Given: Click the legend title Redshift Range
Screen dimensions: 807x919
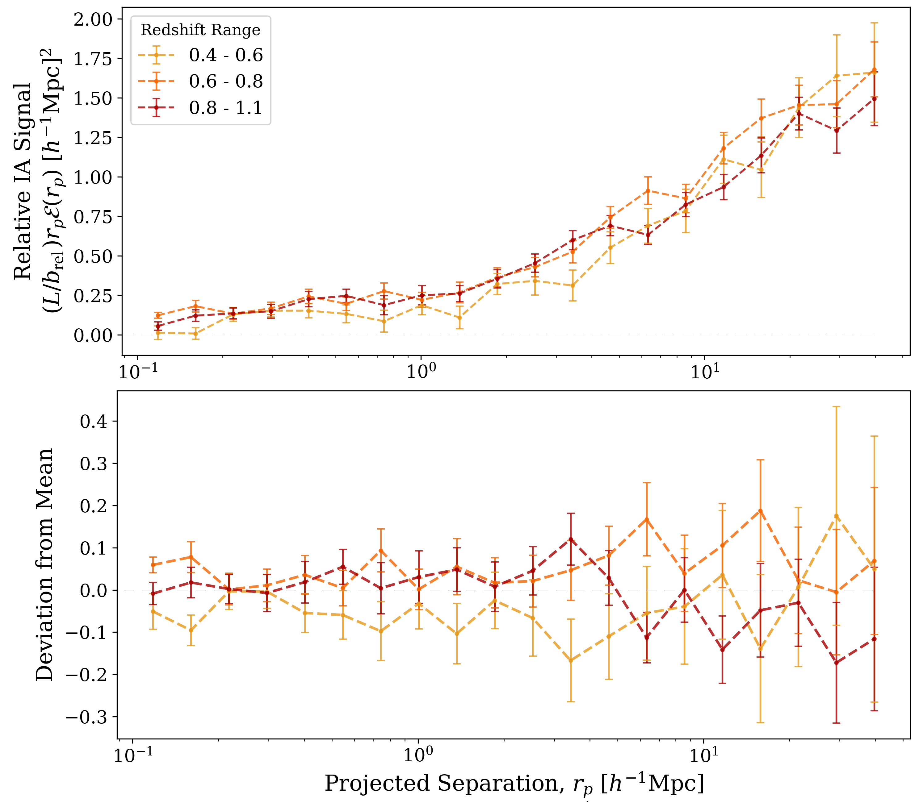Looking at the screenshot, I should point(200,30).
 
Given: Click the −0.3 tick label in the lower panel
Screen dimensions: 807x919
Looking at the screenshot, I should point(87,717).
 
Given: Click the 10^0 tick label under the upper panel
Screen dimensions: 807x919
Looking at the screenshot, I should point(421,372).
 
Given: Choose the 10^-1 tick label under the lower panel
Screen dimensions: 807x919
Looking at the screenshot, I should point(133,756).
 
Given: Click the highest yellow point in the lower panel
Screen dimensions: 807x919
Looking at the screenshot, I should point(836,516).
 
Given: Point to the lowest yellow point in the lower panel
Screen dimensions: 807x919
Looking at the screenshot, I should point(571,660).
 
